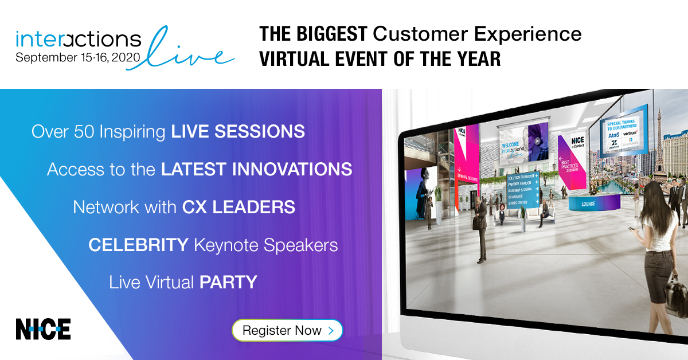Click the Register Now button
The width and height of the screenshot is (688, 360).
[287, 330]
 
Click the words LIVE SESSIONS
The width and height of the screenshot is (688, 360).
[238, 132]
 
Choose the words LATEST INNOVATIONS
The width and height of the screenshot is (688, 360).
[256, 169]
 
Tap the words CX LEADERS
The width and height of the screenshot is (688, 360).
[239, 207]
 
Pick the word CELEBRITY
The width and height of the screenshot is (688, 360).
[138, 245]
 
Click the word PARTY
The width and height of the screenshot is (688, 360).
[228, 282]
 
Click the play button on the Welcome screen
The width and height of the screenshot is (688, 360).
[537, 140]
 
